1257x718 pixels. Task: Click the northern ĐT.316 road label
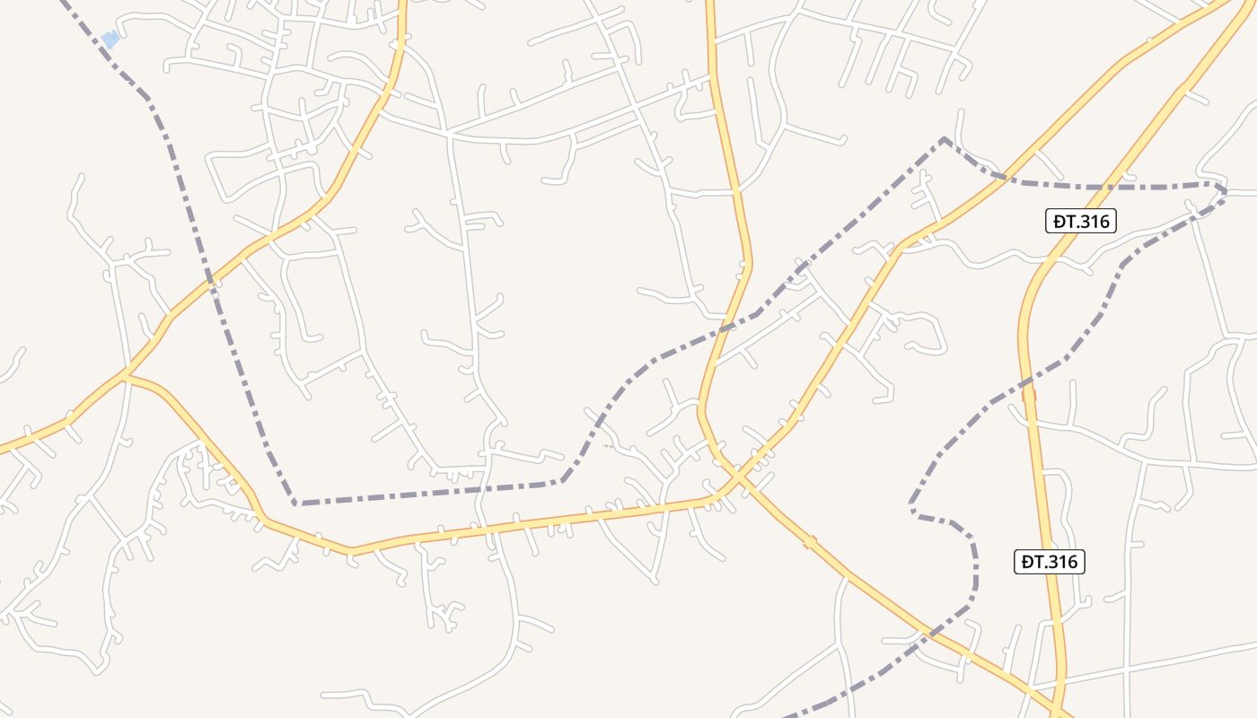pyautogui.click(x=1080, y=221)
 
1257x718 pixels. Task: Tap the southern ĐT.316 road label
pyautogui.click(x=1050, y=562)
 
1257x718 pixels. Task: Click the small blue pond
pyautogui.click(x=110, y=39)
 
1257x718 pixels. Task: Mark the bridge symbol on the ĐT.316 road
pyautogui.click(x=1029, y=394)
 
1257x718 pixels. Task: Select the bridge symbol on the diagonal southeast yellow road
pyautogui.click(x=810, y=542)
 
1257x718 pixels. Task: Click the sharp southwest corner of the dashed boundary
pyautogui.click(x=294, y=503)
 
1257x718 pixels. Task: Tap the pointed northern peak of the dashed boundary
pyautogui.click(x=944, y=138)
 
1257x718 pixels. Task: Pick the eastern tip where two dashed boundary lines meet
pyautogui.click(x=1224, y=190)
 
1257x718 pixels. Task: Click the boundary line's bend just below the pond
pyautogui.click(x=147, y=97)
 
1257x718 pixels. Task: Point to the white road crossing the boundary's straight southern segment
pyautogui.click(x=485, y=490)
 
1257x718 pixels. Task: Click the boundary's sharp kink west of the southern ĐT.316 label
pyautogui.click(x=912, y=512)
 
